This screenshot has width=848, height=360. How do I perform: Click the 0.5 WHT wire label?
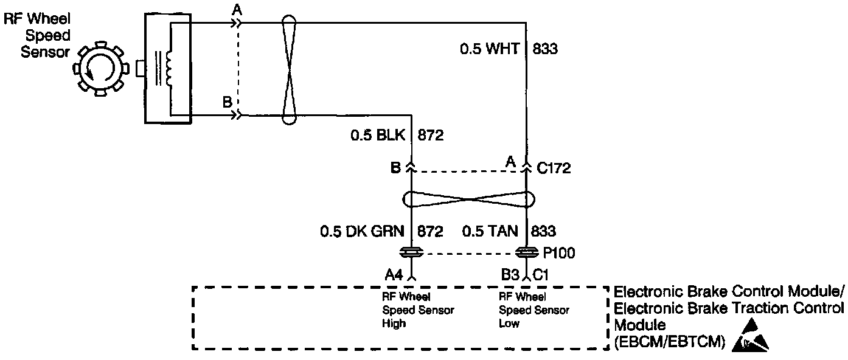490,49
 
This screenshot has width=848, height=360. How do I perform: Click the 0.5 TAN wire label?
490,231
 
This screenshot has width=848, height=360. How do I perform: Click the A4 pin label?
394,274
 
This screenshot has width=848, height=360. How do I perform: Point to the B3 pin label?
510,274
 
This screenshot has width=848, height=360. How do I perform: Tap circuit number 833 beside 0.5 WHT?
545,49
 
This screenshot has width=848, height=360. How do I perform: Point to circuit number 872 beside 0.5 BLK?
431,135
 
